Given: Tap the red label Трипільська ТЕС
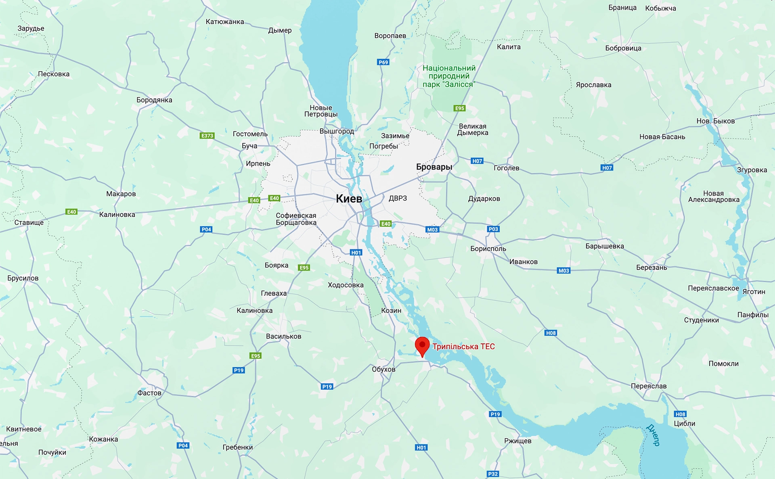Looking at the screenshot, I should [x=463, y=347].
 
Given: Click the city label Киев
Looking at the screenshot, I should [x=349, y=199].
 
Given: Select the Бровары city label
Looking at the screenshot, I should [x=434, y=167].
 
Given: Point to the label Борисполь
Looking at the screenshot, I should [x=488, y=249].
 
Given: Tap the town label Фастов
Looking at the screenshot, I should [x=149, y=393].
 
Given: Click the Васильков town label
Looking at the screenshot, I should [x=283, y=337].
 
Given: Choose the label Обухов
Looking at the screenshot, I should [x=383, y=369].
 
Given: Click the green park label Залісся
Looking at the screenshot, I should [x=449, y=76].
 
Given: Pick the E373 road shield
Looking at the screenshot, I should [x=207, y=136].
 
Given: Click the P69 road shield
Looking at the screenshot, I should [x=383, y=62].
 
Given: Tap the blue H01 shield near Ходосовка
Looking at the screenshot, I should [x=356, y=253].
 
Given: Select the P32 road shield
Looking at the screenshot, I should [x=493, y=474].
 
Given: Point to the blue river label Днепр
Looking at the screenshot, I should [x=653, y=435].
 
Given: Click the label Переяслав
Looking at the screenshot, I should [x=649, y=386].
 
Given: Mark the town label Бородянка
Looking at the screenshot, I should [x=154, y=100].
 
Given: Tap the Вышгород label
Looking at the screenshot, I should [x=337, y=131].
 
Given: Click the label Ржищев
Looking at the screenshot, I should [x=517, y=441].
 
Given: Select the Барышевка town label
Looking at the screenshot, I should [x=605, y=246].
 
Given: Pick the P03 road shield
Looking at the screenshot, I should [x=493, y=229].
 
